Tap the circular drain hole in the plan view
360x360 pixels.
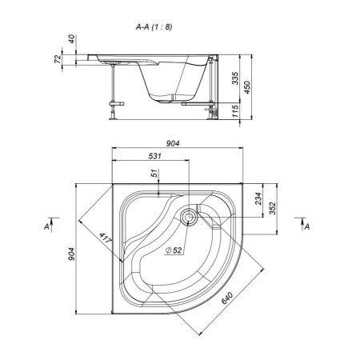pyautogui.click(x=189, y=215)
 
